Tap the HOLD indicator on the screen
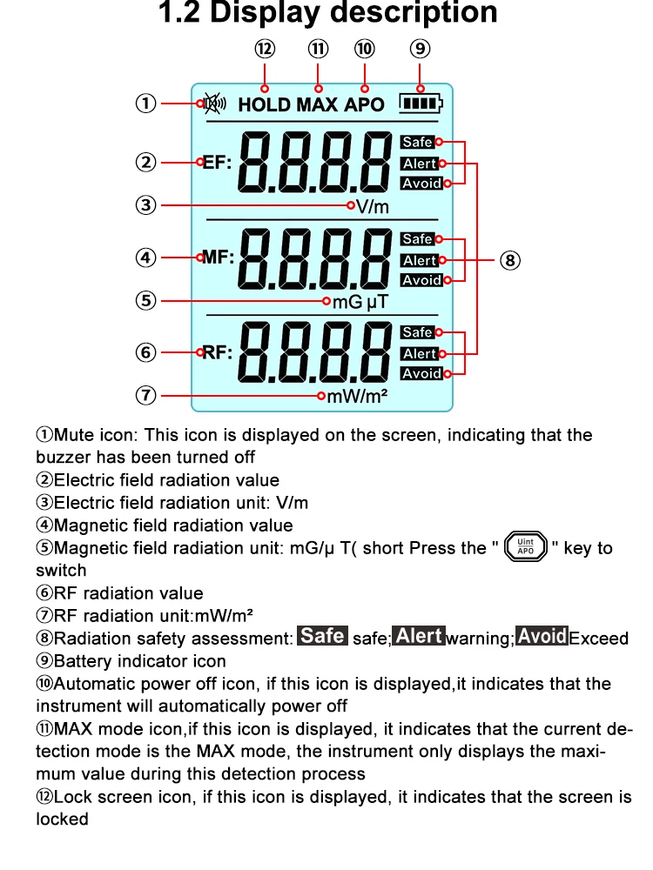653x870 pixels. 265,105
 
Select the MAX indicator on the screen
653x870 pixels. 317,105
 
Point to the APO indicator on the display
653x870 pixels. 364,105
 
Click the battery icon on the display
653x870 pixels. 421,104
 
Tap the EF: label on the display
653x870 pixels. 218,162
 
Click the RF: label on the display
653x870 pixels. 218,352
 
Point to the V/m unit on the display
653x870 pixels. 373,207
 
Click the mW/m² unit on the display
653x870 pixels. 357,397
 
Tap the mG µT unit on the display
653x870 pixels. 360,302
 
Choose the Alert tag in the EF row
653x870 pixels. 419,164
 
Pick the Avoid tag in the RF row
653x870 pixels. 421,374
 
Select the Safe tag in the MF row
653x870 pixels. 418,239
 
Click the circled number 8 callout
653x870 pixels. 511,259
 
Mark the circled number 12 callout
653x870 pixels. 265,50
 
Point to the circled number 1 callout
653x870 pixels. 145,104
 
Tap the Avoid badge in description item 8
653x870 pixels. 542,637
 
